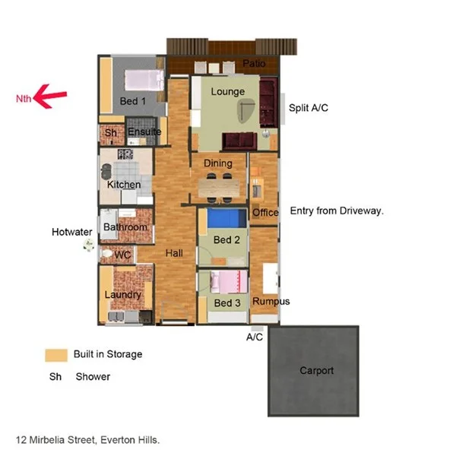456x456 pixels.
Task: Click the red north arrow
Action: tap(52, 96)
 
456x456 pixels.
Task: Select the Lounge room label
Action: tap(227, 92)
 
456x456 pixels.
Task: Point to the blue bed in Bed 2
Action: tap(226, 219)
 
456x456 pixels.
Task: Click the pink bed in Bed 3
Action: tap(229, 283)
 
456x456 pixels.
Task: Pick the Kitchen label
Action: tap(124, 185)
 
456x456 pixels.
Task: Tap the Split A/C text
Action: tap(309, 109)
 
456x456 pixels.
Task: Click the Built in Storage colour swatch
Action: tap(55, 354)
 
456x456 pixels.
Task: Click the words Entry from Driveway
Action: tap(337, 211)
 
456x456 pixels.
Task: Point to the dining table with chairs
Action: tap(218, 184)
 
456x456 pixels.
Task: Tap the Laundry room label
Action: tap(122, 295)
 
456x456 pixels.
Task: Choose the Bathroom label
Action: tap(125, 227)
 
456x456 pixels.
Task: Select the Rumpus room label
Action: tap(271, 302)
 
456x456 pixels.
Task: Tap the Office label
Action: tap(265, 213)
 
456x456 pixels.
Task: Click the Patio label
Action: tap(254, 65)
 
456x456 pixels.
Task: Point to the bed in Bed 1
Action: tap(144, 79)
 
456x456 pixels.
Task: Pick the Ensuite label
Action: tap(144, 132)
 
